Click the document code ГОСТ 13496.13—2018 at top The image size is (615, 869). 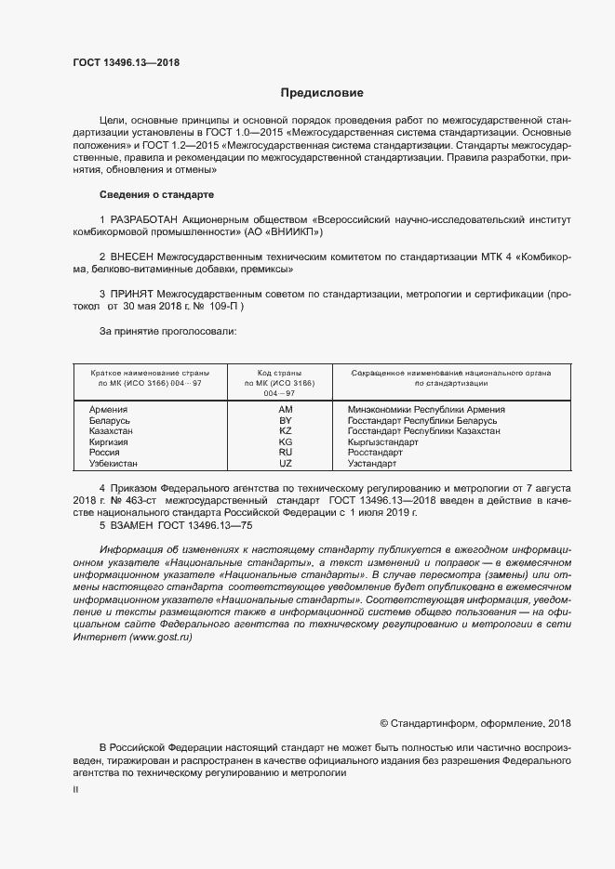[126, 63]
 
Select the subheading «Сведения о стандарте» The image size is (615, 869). [156, 194]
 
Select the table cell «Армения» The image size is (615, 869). [108, 409]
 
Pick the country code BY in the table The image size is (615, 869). [286, 420]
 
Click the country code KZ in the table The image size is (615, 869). [286, 431]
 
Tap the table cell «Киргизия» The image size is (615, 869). [108, 442]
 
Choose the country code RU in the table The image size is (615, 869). [286, 453]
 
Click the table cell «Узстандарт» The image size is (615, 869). [372, 464]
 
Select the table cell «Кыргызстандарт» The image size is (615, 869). [382, 442]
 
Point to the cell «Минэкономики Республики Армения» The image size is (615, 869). [426, 409]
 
